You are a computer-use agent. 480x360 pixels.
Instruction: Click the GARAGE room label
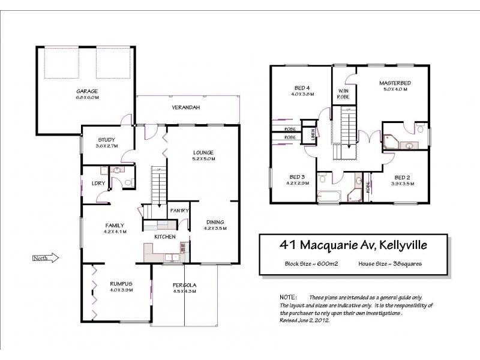86,91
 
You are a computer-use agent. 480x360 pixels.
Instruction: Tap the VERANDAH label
187,107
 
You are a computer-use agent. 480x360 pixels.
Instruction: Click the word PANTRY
179,211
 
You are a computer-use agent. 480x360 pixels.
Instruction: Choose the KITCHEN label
164,237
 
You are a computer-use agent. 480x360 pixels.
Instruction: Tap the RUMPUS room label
121,284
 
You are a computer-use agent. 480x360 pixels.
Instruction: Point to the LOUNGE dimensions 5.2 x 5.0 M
203,159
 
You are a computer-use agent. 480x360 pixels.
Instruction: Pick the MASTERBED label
395,83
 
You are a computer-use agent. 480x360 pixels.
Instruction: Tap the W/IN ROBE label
343,93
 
